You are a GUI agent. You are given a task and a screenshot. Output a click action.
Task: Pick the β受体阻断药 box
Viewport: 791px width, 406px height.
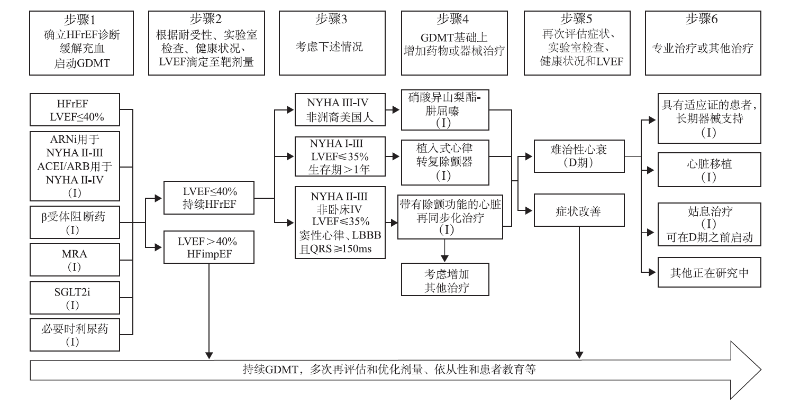click(x=75, y=222)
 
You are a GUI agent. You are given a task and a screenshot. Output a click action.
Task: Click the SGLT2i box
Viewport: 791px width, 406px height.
click(x=75, y=297)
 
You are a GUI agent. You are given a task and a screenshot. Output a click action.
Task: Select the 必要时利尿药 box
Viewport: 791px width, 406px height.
click(x=75, y=334)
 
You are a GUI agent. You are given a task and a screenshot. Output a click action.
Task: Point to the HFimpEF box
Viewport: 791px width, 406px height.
click(x=200, y=247)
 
